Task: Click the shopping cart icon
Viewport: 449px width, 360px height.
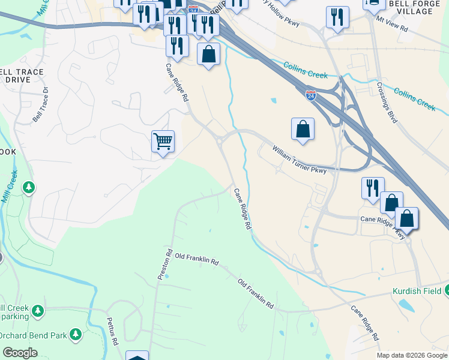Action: pyautogui.click(x=163, y=142)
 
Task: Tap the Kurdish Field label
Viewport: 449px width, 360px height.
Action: pyautogui.click(x=417, y=291)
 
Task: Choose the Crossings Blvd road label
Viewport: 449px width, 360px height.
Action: pyautogui.click(x=387, y=101)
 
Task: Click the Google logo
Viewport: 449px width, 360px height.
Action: pyautogui.click(x=20, y=353)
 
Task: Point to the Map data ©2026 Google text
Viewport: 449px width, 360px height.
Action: pyautogui.click(x=412, y=355)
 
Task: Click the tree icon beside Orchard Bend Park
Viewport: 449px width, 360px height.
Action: pyautogui.click(x=76, y=334)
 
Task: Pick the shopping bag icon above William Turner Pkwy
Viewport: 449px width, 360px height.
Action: pyautogui.click(x=303, y=129)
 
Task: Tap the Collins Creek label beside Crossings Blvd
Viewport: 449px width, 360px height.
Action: pyautogui.click(x=415, y=98)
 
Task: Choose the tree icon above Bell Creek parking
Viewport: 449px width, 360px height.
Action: pyautogui.click(x=38, y=311)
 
